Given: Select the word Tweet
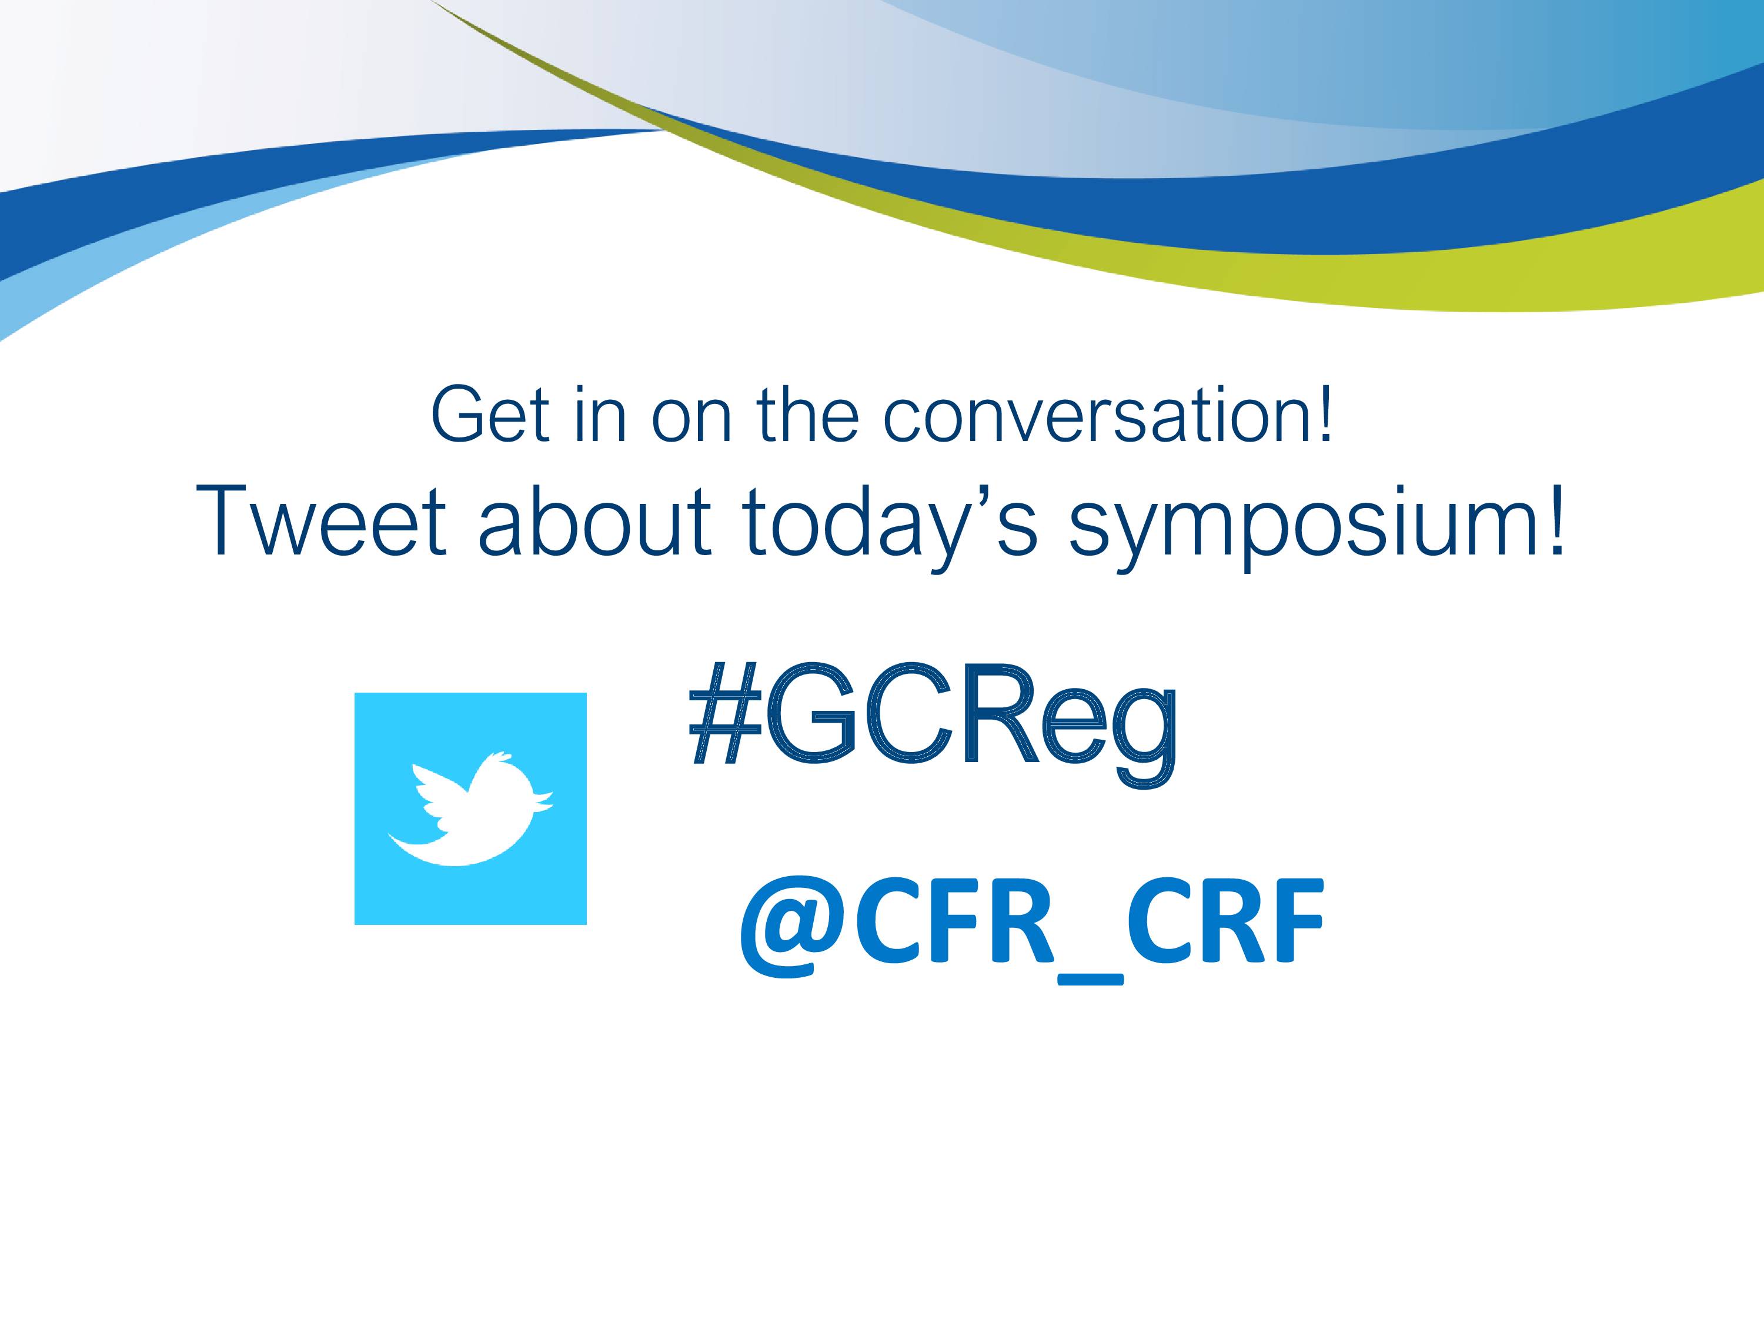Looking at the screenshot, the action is (322, 522).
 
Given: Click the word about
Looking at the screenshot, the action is (594, 522).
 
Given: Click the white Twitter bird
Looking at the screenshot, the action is (470, 808).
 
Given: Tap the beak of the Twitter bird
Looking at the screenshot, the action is (544, 800).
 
